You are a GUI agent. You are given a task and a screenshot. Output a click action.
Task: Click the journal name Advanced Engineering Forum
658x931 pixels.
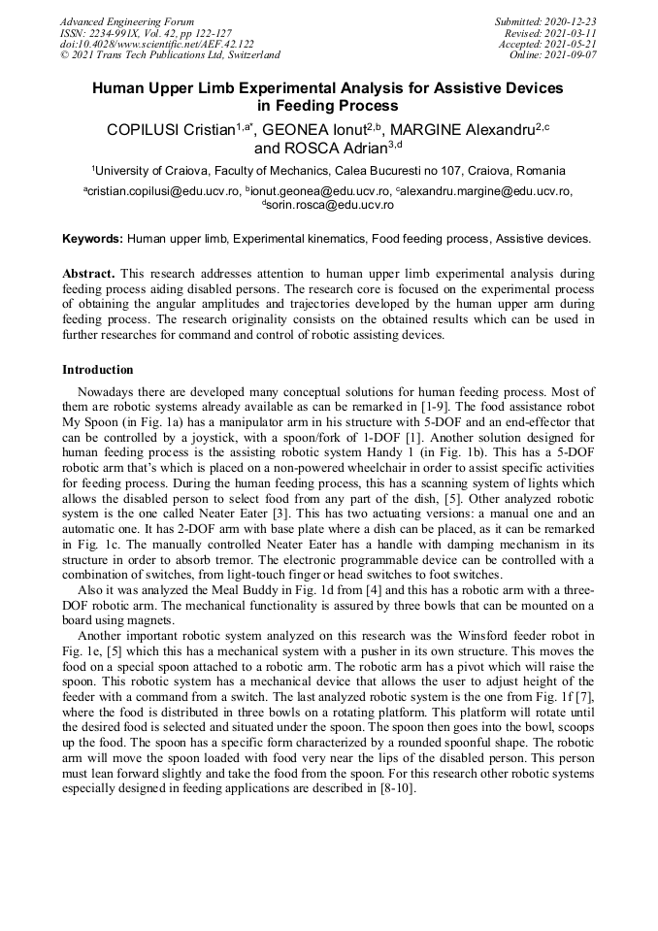(127, 21)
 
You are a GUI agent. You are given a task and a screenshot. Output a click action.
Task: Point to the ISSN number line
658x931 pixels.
(146, 33)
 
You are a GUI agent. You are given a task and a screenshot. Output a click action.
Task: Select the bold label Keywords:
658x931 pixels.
(93, 238)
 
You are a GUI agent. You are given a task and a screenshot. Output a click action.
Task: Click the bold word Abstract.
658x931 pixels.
(88, 275)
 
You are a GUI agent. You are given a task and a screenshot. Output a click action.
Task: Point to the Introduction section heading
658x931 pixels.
(98, 370)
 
